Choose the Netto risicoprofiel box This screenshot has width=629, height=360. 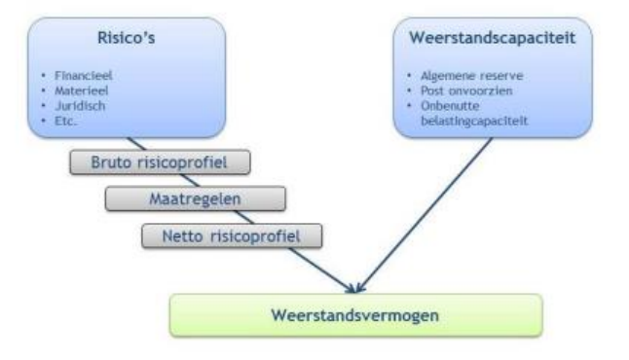pos(233,234)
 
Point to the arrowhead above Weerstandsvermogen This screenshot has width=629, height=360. pos(355,285)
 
